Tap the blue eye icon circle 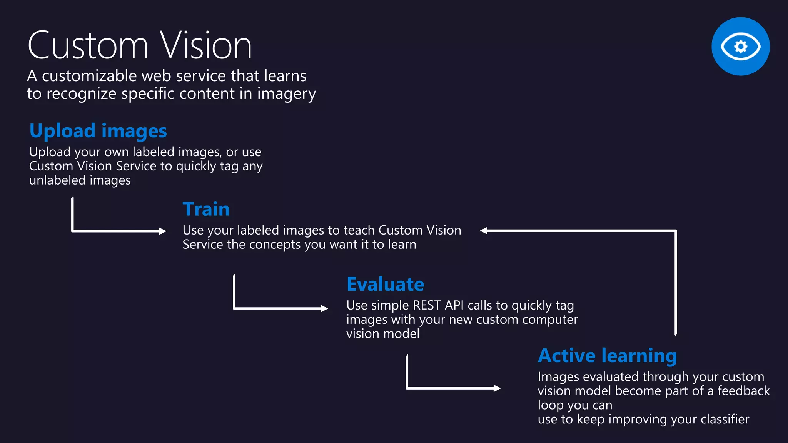[740, 46]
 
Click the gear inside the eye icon [741, 47]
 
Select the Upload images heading [98, 131]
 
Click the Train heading [206, 209]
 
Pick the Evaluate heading [385, 284]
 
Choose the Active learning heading [607, 355]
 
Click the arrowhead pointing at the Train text [163, 231]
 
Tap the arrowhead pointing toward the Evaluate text [324, 308]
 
